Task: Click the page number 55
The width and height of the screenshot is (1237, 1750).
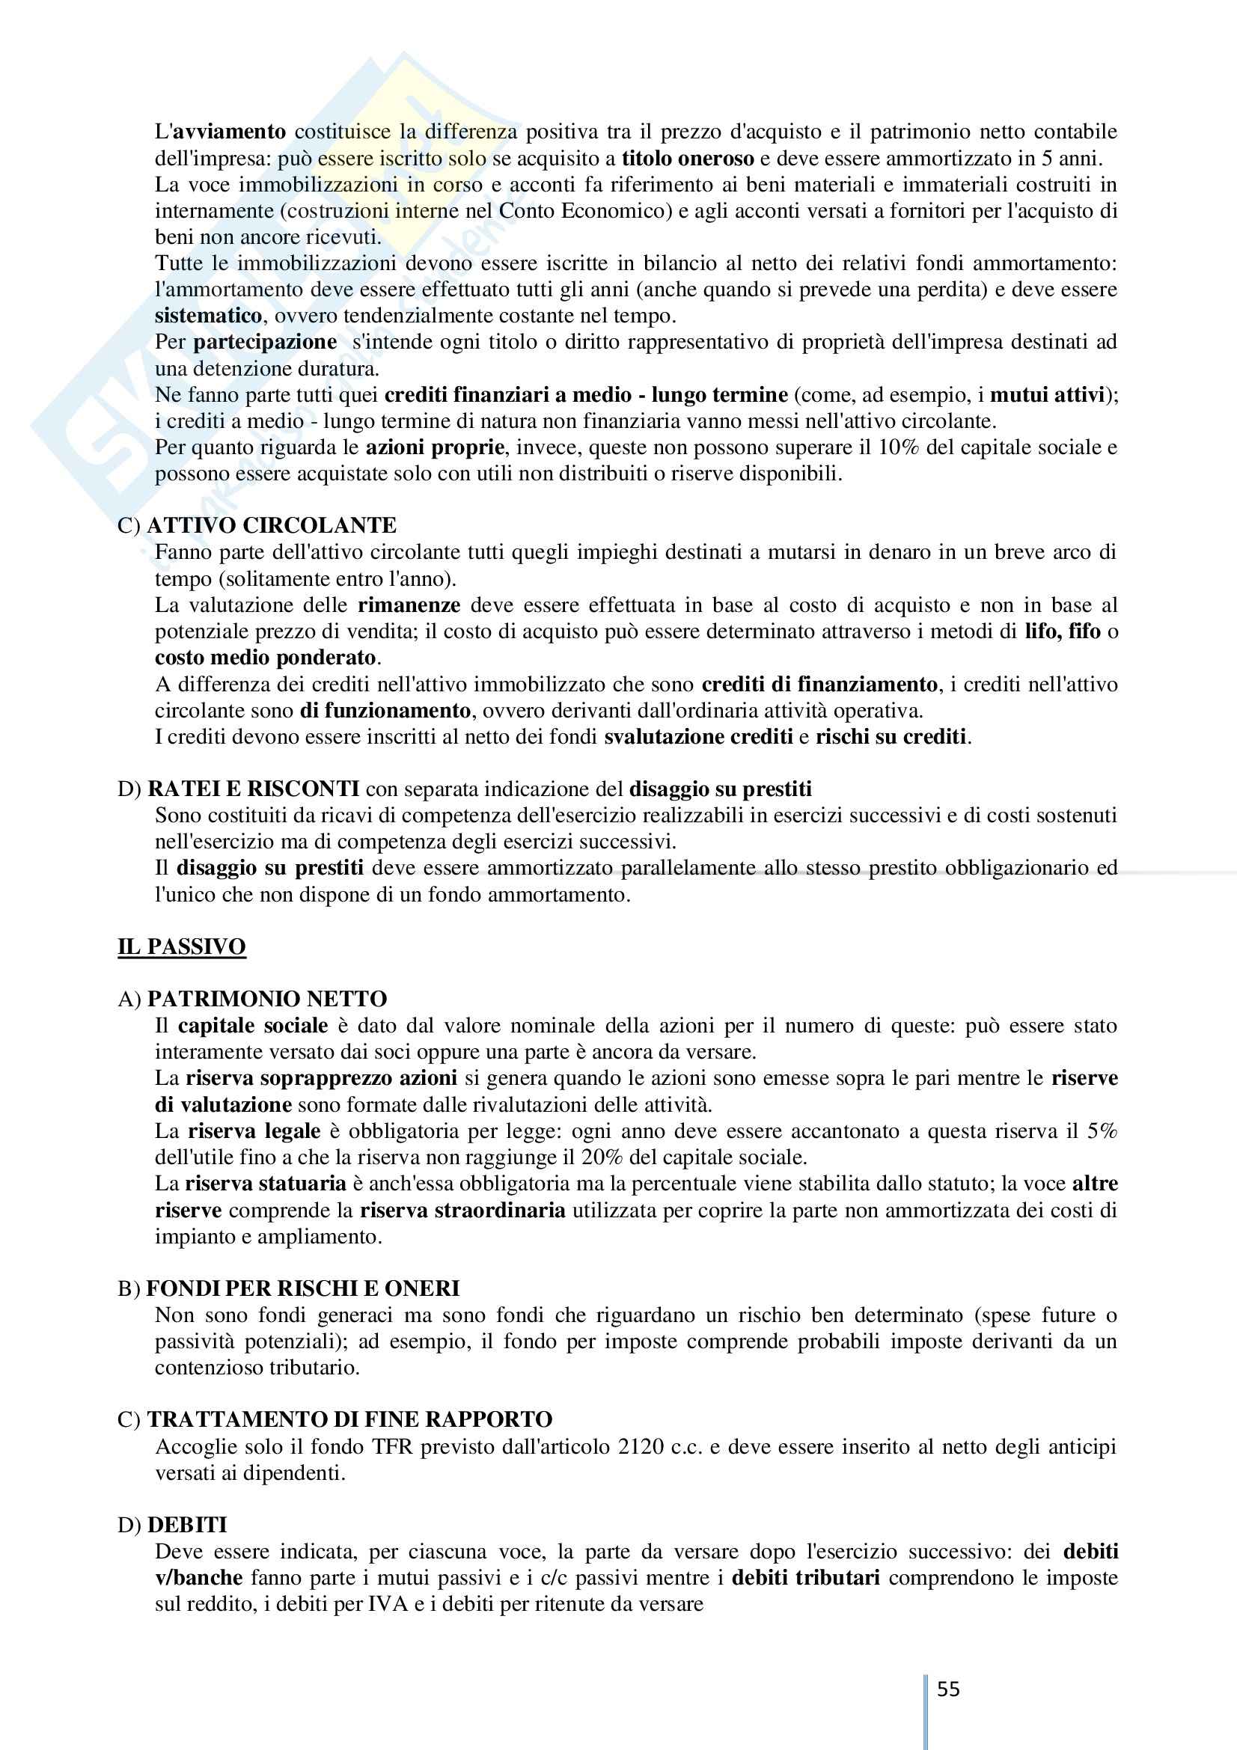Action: click(948, 1689)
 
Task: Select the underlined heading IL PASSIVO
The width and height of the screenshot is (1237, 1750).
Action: click(181, 946)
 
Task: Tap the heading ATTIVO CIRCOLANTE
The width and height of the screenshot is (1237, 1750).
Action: click(272, 525)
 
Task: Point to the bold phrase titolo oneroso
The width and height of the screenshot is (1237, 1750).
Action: click(688, 159)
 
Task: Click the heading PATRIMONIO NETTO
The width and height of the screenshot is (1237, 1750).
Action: click(266, 999)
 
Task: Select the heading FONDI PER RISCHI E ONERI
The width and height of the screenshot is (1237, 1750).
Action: click(302, 1288)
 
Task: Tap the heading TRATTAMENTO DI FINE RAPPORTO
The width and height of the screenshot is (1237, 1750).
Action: click(349, 1419)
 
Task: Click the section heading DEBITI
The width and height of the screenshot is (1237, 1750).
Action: click(187, 1524)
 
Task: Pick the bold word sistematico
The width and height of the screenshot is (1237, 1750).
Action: click(208, 316)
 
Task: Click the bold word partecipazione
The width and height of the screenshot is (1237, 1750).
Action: click(264, 342)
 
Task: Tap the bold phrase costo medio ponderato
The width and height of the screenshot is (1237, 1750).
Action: click(265, 657)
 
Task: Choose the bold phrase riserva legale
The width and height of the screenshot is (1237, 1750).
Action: click(254, 1131)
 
